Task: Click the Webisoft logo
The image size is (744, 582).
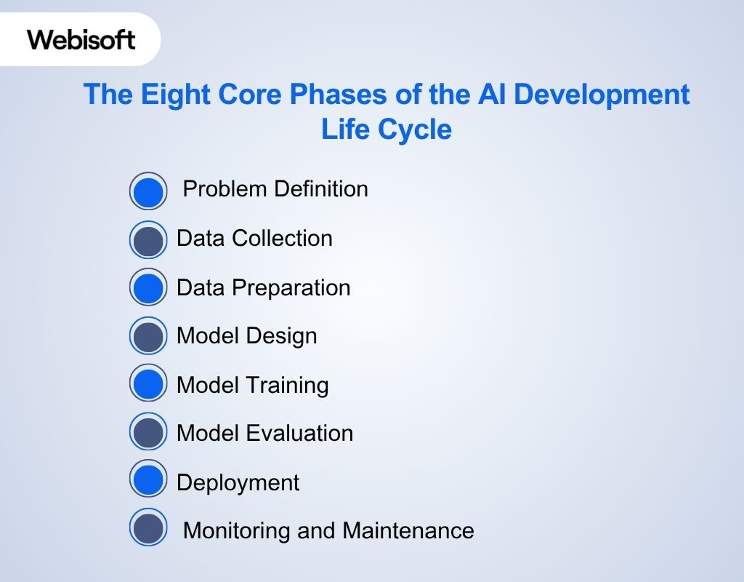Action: (x=81, y=39)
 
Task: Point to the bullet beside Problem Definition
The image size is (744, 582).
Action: (x=148, y=191)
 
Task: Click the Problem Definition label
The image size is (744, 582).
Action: (x=275, y=189)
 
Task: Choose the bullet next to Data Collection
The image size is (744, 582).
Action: (x=148, y=240)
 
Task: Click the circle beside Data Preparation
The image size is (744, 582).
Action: (x=148, y=287)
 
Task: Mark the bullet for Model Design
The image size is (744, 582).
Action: (x=148, y=337)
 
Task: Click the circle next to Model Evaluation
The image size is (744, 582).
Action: (x=148, y=432)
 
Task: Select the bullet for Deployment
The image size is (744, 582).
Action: (x=148, y=480)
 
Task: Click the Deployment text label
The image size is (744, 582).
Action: (x=238, y=483)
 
